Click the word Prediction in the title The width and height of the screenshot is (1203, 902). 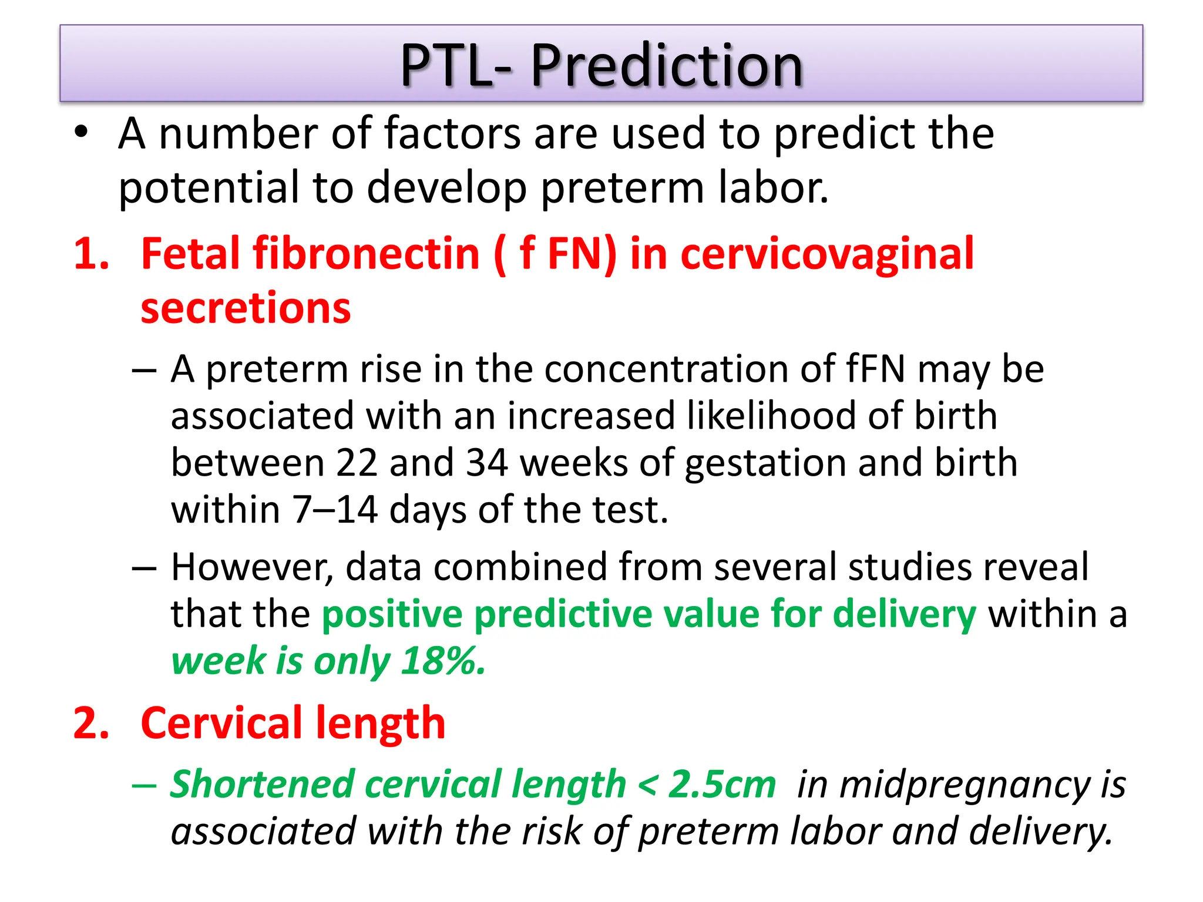pyautogui.click(x=667, y=65)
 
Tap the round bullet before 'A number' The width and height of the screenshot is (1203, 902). pyautogui.click(x=81, y=132)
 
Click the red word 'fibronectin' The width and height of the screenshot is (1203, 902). pyautogui.click(x=367, y=254)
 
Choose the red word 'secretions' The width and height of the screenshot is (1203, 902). pyautogui.click(x=246, y=308)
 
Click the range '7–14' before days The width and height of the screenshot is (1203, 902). pyautogui.click(x=335, y=509)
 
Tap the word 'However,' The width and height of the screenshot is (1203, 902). pyautogui.click(x=252, y=567)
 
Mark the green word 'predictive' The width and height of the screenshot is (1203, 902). pyautogui.click(x=562, y=614)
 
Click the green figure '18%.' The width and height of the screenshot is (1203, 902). pyautogui.click(x=443, y=661)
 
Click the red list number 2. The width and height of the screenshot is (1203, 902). pyautogui.click(x=91, y=723)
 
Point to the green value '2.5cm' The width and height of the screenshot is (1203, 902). pyautogui.click(x=722, y=784)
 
